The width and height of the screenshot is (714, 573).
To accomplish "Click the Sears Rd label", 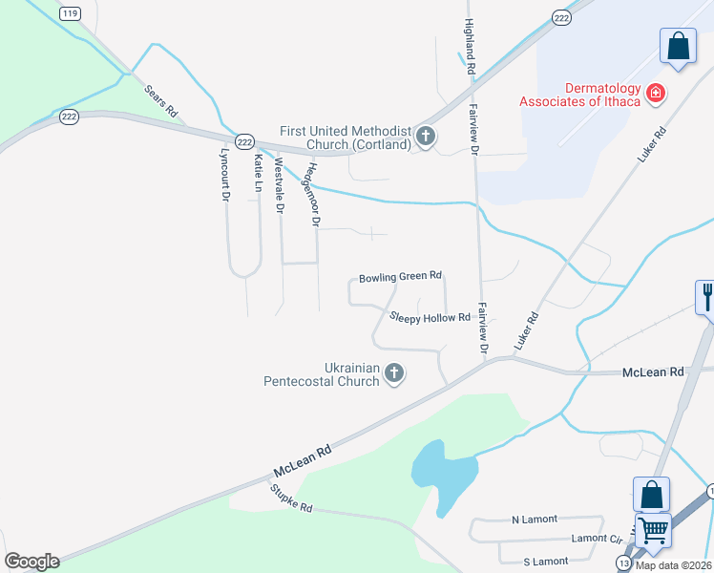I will click(161, 100).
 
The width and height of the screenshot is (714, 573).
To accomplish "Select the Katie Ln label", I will click(258, 170).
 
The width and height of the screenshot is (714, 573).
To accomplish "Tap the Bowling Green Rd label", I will click(400, 278).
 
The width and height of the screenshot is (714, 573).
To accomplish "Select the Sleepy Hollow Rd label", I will click(430, 317).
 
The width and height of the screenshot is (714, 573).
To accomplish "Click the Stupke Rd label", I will click(291, 498).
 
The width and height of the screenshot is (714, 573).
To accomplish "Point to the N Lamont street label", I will click(527, 520).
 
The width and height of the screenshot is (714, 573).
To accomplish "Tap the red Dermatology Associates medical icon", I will click(656, 94).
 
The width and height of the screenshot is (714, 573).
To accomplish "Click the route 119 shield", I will click(69, 12).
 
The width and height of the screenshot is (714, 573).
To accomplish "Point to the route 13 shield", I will click(623, 563).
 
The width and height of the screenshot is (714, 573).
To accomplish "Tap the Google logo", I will click(31, 562).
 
